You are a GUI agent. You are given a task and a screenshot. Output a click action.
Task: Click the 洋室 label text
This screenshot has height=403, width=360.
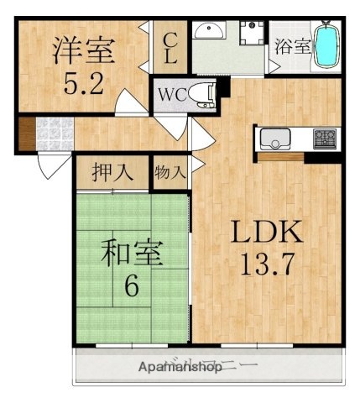pos(83,51)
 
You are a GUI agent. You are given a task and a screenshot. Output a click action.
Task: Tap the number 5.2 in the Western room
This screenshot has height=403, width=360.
pos(83,85)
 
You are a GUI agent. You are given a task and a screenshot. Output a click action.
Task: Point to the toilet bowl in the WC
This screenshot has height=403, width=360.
pos(199,93)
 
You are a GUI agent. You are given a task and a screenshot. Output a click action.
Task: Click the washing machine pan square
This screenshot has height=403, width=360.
pos(249,34)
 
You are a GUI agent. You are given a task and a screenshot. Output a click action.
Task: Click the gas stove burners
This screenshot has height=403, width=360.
pos(324,137)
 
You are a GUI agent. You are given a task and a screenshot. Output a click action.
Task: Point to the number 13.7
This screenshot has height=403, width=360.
pos(266,268)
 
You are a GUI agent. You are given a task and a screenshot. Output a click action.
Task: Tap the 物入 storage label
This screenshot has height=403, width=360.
pos(170,173)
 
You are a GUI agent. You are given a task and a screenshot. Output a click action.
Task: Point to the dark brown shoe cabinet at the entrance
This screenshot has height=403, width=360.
pos(25,133)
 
